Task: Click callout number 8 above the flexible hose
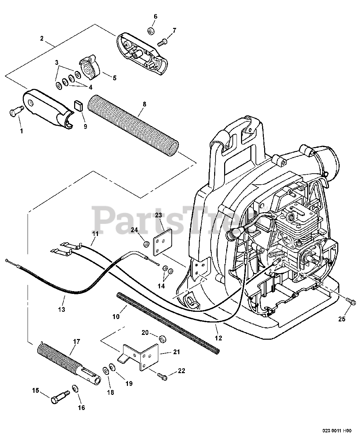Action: tap(144, 104)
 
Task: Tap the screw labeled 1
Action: tap(15, 111)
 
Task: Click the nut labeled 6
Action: tap(150, 31)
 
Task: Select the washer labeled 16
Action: tap(75, 389)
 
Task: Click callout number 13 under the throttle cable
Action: tap(61, 309)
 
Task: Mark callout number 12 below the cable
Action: tap(218, 338)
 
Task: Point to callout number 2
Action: tap(42, 39)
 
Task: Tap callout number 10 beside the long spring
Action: tap(116, 316)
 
